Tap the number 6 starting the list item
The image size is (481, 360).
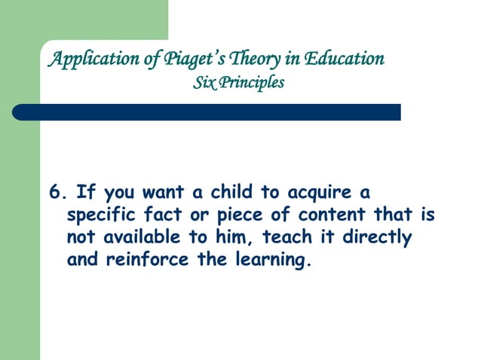(x=54, y=191)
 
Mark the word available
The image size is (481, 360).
(x=139, y=239)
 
